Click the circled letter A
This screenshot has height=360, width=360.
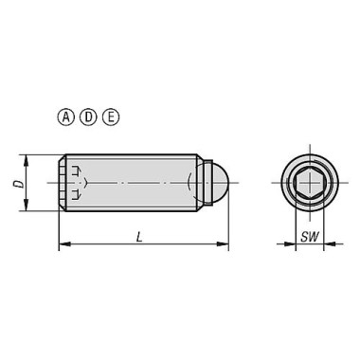click(x=65, y=117)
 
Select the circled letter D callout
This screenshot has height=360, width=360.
click(x=88, y=117)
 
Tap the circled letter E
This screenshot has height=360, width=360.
click(x=111, y=117)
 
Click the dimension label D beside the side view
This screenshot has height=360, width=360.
click(x=19, y=184)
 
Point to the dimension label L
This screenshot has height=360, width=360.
click(x=139, y=237)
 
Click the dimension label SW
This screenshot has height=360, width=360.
click(x=310, y=237)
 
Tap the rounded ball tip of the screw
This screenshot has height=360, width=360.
click(x=220, y=183)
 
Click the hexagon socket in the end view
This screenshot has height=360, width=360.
click(x=310, y=183)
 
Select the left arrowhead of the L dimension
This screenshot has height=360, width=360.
click(x=64, y=243)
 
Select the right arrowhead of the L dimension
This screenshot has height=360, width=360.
click(x=223, y=243)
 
